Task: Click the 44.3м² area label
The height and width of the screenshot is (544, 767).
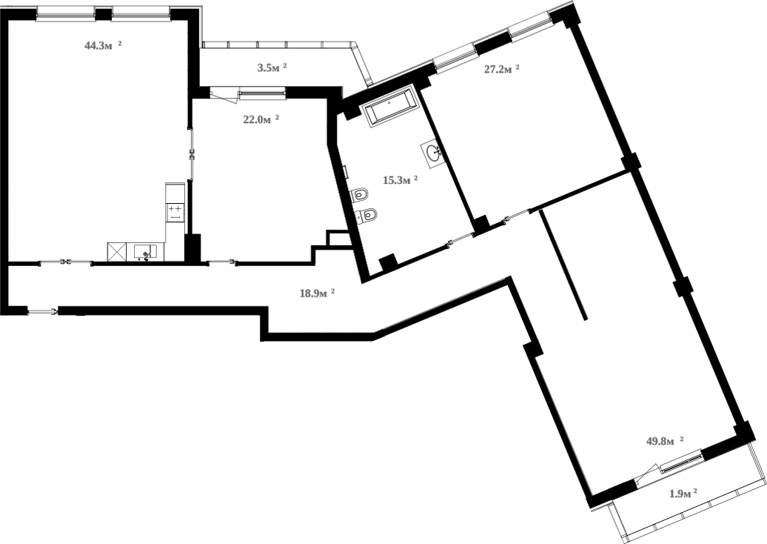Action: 102,45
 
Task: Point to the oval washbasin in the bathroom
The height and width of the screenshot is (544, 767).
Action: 435,153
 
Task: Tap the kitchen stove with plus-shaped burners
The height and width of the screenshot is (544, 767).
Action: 175,213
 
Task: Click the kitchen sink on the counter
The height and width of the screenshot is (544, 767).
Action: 144,252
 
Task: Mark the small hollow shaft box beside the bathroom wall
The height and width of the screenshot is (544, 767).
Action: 337,239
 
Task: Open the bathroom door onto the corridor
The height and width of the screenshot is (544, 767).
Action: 461,239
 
